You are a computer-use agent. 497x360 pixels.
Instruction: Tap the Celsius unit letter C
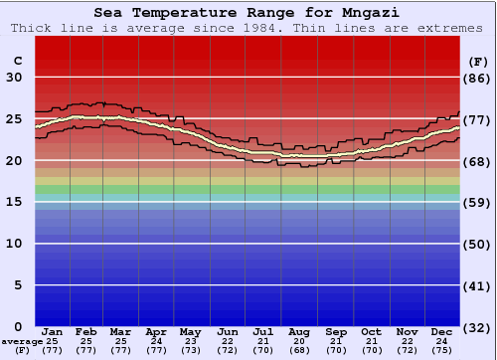17,61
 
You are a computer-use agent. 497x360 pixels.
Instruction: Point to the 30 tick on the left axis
16,78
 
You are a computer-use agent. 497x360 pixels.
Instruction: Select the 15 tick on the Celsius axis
16,202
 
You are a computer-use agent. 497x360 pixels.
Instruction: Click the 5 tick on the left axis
20,285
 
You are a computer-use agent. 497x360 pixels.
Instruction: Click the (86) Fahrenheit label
476,78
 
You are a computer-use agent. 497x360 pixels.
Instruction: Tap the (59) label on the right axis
476,202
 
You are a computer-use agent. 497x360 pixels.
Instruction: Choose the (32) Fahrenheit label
476,327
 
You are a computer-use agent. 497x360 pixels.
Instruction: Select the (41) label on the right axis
476,285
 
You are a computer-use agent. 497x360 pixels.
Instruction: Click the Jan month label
53,331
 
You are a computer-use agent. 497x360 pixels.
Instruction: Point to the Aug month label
300,331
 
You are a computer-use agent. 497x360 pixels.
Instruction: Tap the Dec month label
442,331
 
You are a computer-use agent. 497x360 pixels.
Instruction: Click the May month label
191,331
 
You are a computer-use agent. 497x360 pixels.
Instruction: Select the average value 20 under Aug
300,340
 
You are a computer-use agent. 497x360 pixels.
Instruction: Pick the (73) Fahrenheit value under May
191,350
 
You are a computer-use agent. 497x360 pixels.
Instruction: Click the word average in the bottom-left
21,341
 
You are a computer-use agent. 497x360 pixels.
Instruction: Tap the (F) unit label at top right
476,61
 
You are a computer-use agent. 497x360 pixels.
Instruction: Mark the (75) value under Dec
442,350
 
